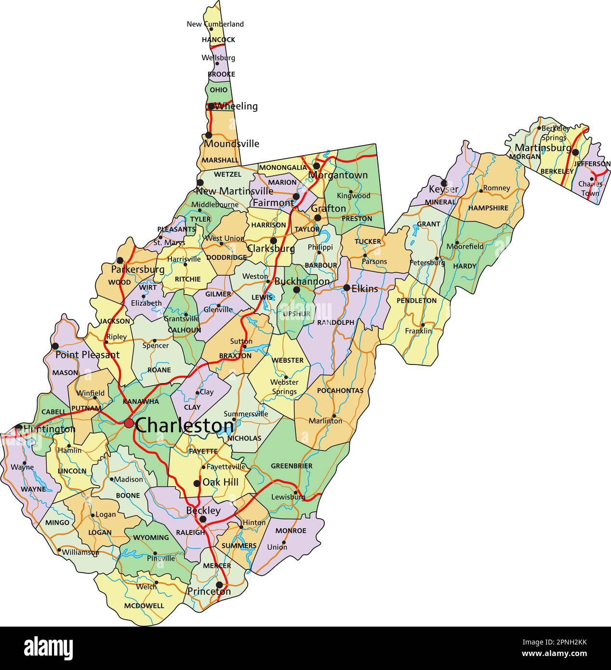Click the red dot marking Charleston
pyautogui.click(x=129, y=423)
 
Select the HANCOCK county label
pyautogui.click(x=218, y=40)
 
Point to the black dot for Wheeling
pyautogui.click(x=211, y=106)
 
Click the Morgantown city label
pyautogui.click(x=338, y=175)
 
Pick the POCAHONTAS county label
pyautogui.click(x=340, y=390)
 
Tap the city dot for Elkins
pyautogui.click(x=346, y=288)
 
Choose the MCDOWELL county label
pyautogui.click(x=144, y=606)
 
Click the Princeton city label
pyautogui.click(x=209, y=591)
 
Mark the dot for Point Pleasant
pyautogui.click(x=55, y=346)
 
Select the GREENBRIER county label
pyautogui.click(x=292, y=466)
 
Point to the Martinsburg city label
pyautogui.click(x=543, y=147)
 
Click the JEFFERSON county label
pyautogui.click(x=592, y=164)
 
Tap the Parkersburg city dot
pyautogui.click(x=120, y=260)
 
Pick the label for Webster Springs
pyautogui.click(x=284, y=387)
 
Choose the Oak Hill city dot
pyautogui.click(x=197, y=483)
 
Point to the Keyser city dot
pyautogui.click(x=444, y=183)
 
